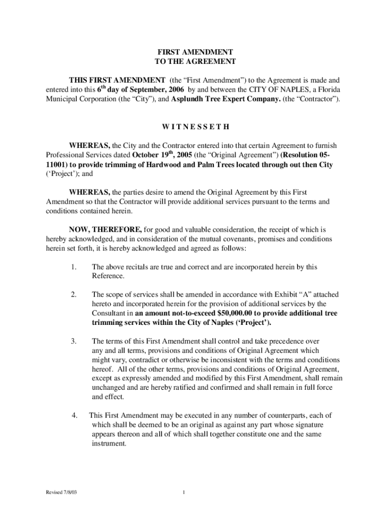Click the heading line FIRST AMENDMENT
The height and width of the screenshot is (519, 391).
(195, 52)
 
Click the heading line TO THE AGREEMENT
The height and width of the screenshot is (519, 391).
(195, 61)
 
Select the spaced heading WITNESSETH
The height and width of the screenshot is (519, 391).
(195, 126)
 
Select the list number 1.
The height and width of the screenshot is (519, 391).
(74, 267)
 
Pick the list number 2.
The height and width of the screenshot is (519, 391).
(74, 294)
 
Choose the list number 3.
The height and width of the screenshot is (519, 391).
(74, 341)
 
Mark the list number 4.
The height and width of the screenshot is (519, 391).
(74, 416)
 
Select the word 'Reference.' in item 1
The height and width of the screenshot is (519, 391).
(108, 276)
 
